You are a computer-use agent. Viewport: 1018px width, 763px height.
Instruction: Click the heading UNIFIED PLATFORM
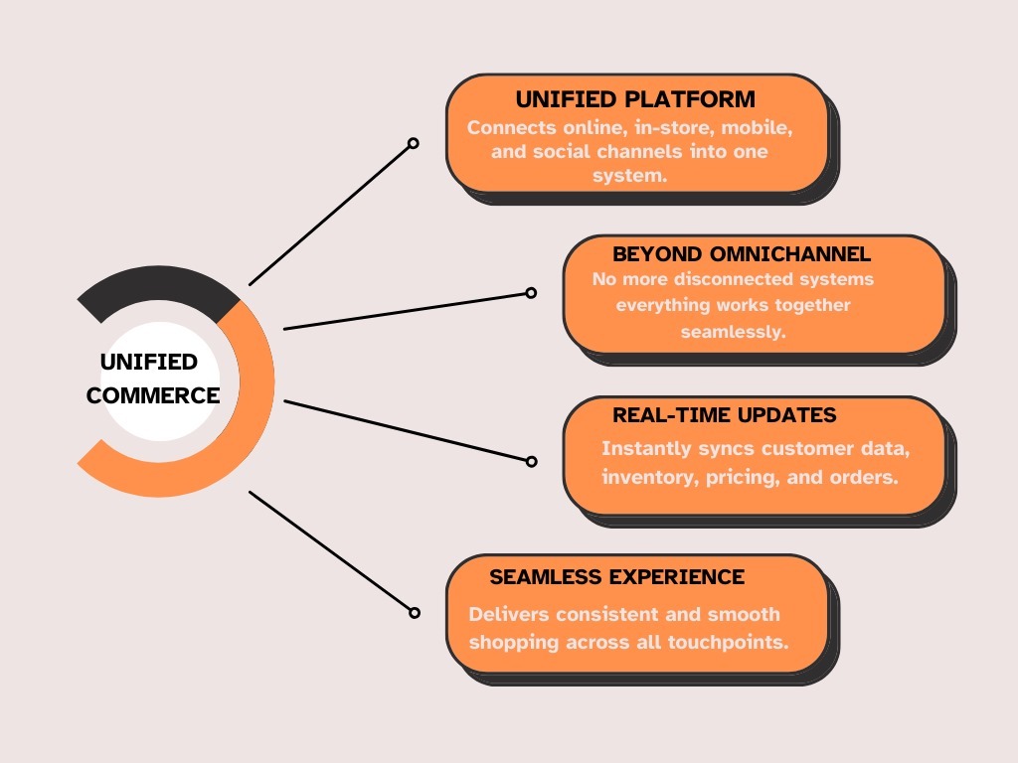click(635, 99)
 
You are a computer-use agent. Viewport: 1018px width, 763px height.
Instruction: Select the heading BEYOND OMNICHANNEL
click(742, 254)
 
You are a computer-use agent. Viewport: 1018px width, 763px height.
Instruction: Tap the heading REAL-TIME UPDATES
click(724, 414)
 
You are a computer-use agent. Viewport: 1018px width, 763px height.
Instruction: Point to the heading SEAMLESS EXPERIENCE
click(616, 576)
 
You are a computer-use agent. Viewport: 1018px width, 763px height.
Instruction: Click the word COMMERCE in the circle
click(153, 394)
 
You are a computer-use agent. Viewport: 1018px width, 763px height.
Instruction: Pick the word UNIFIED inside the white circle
click(149, 362)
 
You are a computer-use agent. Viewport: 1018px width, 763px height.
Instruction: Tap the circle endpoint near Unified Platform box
click(414, 143)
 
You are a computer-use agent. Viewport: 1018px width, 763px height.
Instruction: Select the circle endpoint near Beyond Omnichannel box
click(531, 293)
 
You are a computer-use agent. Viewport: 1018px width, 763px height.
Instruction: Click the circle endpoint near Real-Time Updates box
click(531, 461)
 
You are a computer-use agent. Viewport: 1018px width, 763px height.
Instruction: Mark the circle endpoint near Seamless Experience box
click(414, 613)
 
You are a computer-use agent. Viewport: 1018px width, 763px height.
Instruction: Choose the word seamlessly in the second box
click(734, 332)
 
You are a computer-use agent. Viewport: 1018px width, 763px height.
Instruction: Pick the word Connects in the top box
click(505, 128)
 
